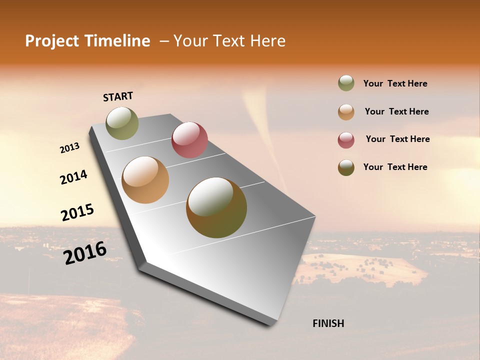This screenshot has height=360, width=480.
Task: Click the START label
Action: point(118,96)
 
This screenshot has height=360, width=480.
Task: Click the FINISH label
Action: point(328,323)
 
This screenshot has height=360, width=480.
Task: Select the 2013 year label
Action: point(70,148)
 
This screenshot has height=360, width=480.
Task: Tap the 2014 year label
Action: point(73,177)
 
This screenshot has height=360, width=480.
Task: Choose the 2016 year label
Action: point(85,252)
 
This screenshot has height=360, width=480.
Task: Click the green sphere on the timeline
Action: point(122,123)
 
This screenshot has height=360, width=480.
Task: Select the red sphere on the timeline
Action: point(189,139)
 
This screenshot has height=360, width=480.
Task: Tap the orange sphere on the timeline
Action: point(145,180)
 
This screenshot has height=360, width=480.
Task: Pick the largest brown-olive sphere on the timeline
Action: point(216,207)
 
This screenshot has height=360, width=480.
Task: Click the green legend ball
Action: point(346,83)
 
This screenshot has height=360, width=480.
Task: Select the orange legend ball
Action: point(346,112)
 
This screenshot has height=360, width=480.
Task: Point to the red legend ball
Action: point(346,140)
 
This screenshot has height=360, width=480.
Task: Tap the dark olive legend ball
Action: point(346,167)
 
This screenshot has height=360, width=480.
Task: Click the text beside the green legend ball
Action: point(395,84)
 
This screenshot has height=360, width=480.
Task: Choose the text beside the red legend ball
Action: point(398,139)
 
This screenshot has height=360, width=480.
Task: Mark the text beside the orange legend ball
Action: point(397,111)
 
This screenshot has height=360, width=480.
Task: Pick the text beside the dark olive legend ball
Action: point(395,167)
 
